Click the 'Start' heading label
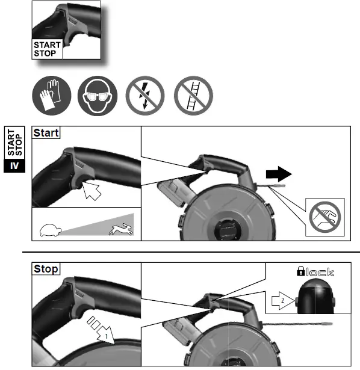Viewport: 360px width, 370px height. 46,132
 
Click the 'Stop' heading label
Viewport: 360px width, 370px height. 46,268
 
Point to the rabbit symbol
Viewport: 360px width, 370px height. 120,227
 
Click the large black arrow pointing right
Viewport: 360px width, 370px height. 278,174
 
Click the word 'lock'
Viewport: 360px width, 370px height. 320,272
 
